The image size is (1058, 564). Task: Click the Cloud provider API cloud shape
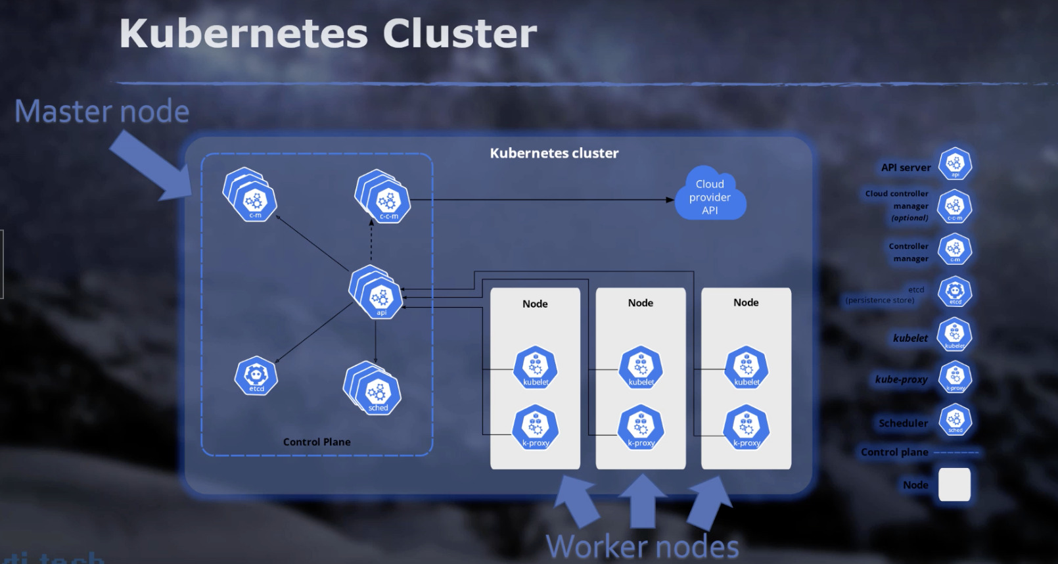pos(710,196)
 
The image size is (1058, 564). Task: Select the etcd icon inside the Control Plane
pos(256,376)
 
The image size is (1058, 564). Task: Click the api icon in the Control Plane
pos(380,298)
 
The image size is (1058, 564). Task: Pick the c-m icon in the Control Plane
pos(255,200)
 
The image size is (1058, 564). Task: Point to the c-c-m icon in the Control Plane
pos(388,200)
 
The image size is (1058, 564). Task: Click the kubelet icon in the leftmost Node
pos(536,367)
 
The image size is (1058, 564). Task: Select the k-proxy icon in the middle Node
pos(641,427)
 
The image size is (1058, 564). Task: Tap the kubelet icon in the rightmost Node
pos(747,367)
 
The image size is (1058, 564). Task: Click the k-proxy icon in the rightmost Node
pos(747,427)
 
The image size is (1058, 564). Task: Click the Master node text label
pos(102,111)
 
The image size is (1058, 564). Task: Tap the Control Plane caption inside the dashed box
pos(317,442)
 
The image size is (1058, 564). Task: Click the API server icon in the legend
pos(955,164)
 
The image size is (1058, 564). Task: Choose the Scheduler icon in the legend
pos(955,420)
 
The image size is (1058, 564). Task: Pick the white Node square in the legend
pos(954,484)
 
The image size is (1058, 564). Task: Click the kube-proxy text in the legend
pos(901,379)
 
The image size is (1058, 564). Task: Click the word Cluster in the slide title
pos(459,34)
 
